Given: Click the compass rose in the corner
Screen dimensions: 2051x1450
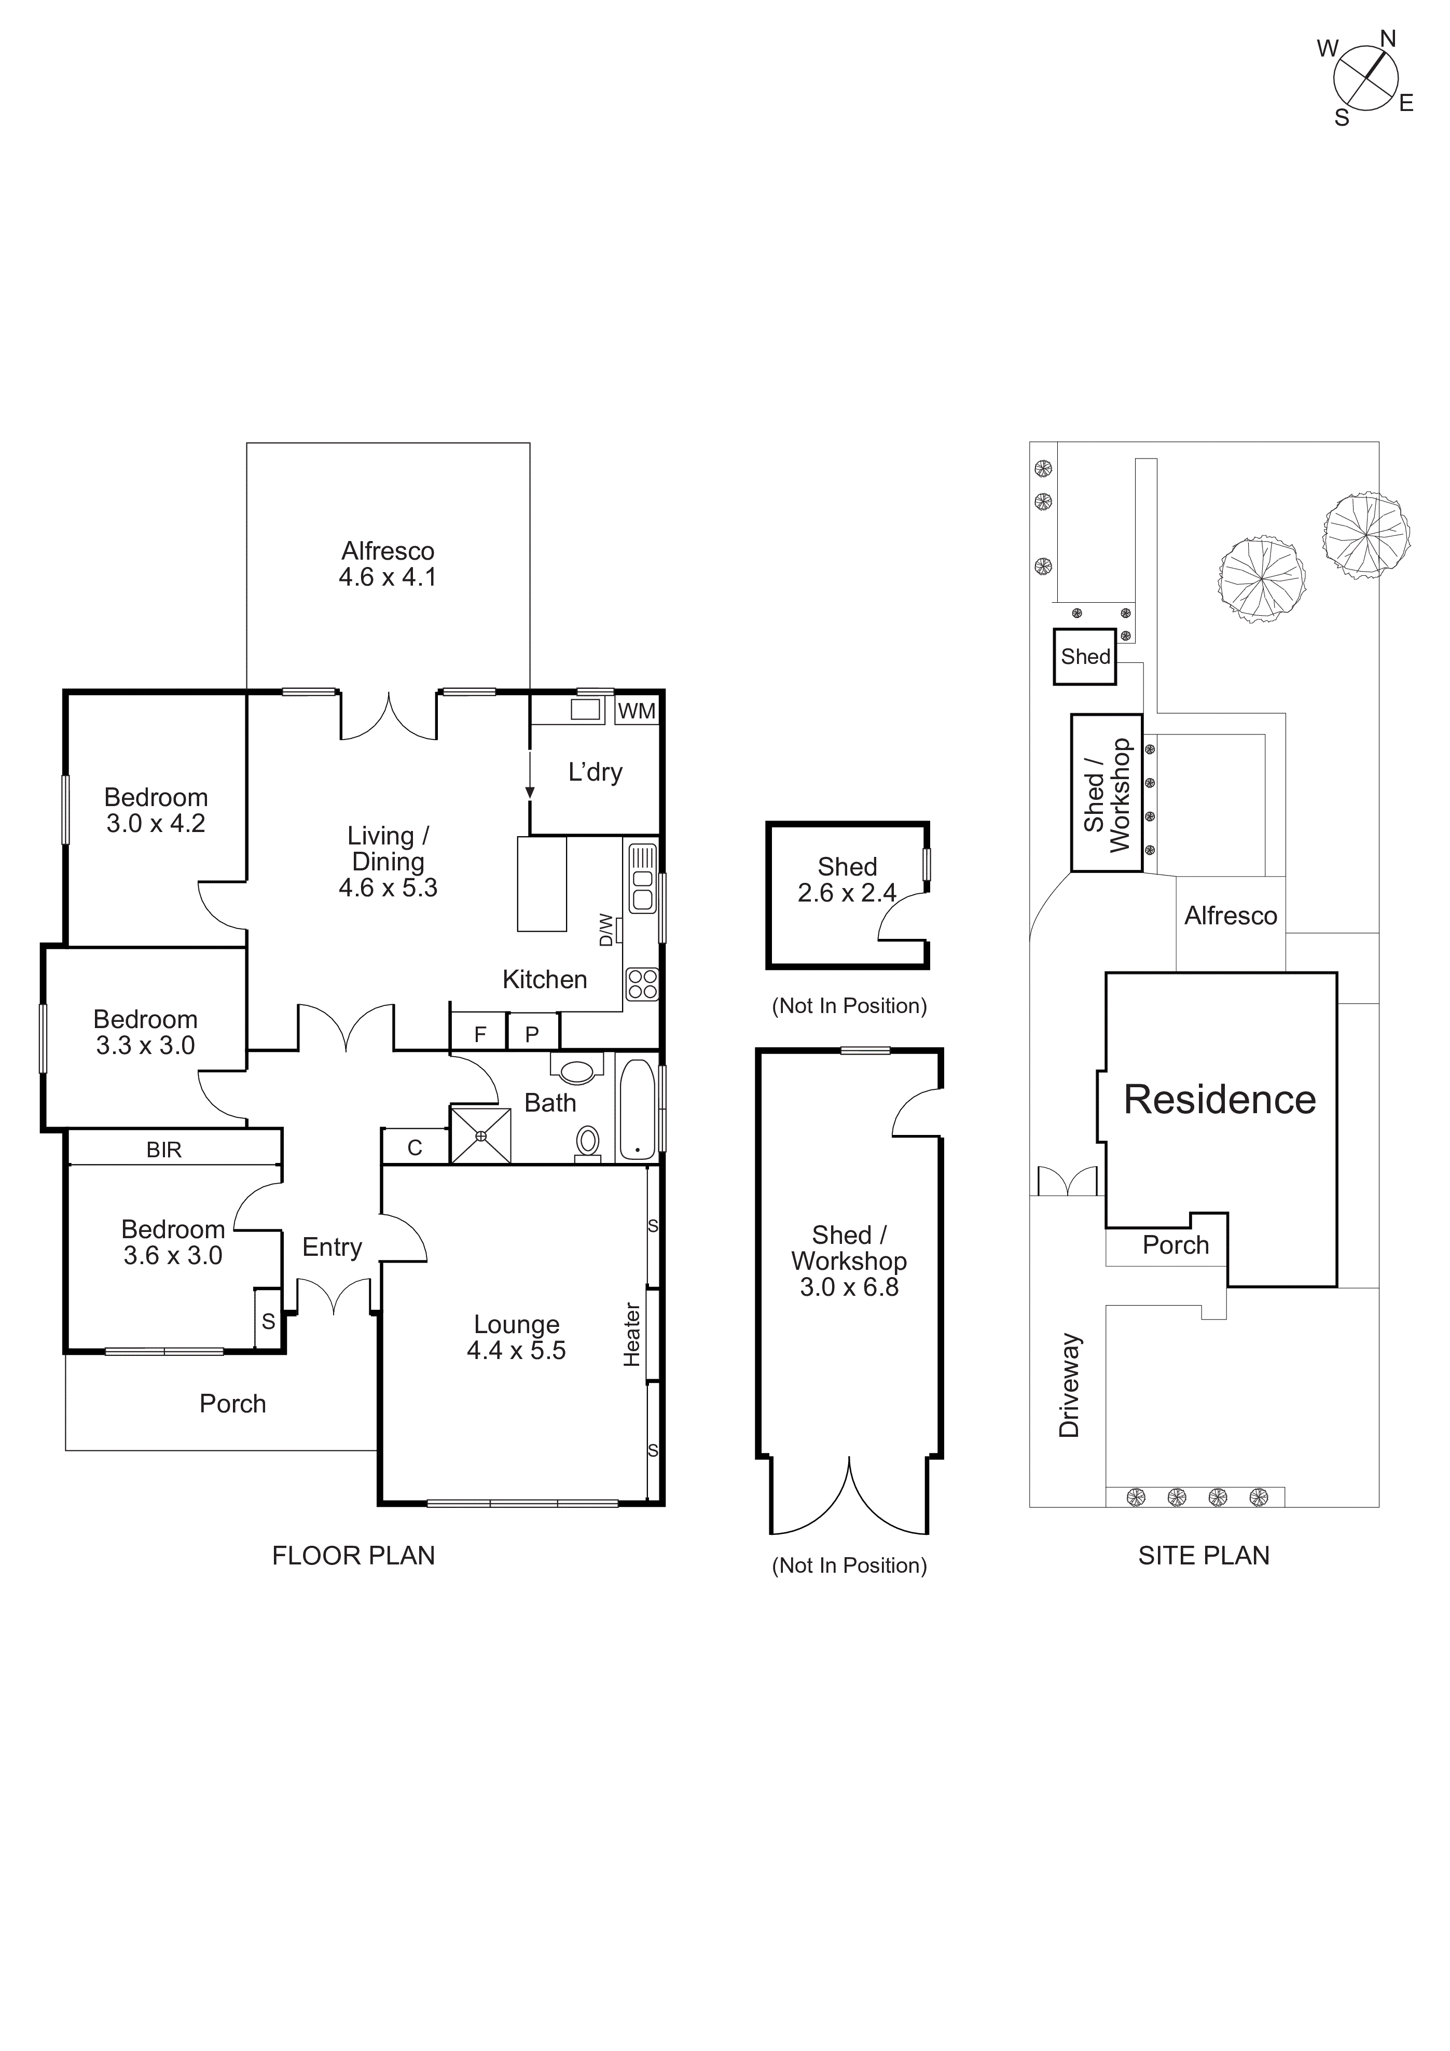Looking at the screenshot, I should [1364, 78].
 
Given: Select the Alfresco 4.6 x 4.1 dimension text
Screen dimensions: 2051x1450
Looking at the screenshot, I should [387, 576].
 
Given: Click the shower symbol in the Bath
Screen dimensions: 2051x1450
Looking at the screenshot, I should [481, 1135].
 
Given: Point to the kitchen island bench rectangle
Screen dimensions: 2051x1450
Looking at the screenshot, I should [542, 883].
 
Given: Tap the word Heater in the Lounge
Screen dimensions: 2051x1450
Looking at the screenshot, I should [632, 1334].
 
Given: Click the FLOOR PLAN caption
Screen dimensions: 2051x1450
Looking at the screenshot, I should [353, 1555].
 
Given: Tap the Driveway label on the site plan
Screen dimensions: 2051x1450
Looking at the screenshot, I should [1069, 1384].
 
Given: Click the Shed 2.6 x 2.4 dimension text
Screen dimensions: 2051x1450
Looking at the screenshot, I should [847, 892].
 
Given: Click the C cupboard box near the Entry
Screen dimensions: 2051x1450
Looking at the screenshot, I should [415, 1147].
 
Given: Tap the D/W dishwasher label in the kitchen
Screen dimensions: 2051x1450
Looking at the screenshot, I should [606, 929].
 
